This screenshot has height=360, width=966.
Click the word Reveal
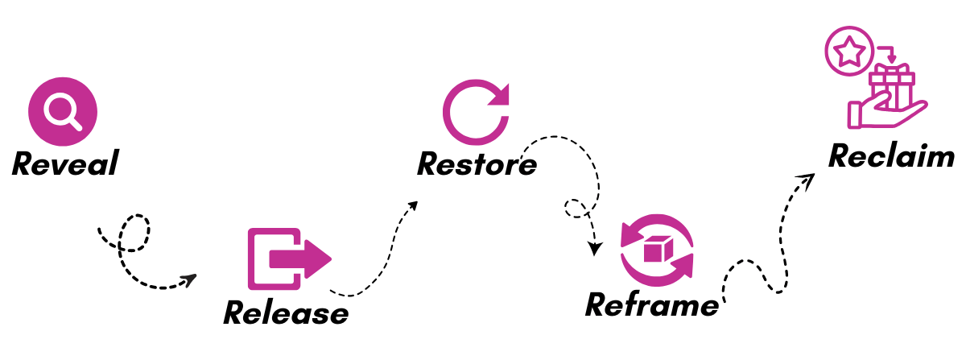pos(65,163)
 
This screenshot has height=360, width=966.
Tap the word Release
pos(286,312)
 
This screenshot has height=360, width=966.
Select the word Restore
pos(477,164)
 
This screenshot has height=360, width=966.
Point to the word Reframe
pos(651,304)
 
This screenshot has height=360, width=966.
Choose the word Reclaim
pos(891,155)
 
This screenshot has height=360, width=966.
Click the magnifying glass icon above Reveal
pos(63,111)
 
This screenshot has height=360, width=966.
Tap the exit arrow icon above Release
pos(289,259)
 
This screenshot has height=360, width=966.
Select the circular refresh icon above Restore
pos(476,112)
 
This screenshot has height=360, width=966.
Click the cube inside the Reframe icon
pos(658,249)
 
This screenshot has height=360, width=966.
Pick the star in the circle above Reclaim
pos(849,52)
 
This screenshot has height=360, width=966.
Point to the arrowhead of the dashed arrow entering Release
pos(189,280)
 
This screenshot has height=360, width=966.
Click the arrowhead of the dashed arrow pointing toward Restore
pos(412,206)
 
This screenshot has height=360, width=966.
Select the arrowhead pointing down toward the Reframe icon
pos(595,249)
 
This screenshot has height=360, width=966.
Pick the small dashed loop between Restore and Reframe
pos(576,208)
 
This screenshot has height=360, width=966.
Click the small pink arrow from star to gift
pos(890,53)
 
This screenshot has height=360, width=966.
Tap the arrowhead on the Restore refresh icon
pos(500,96)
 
